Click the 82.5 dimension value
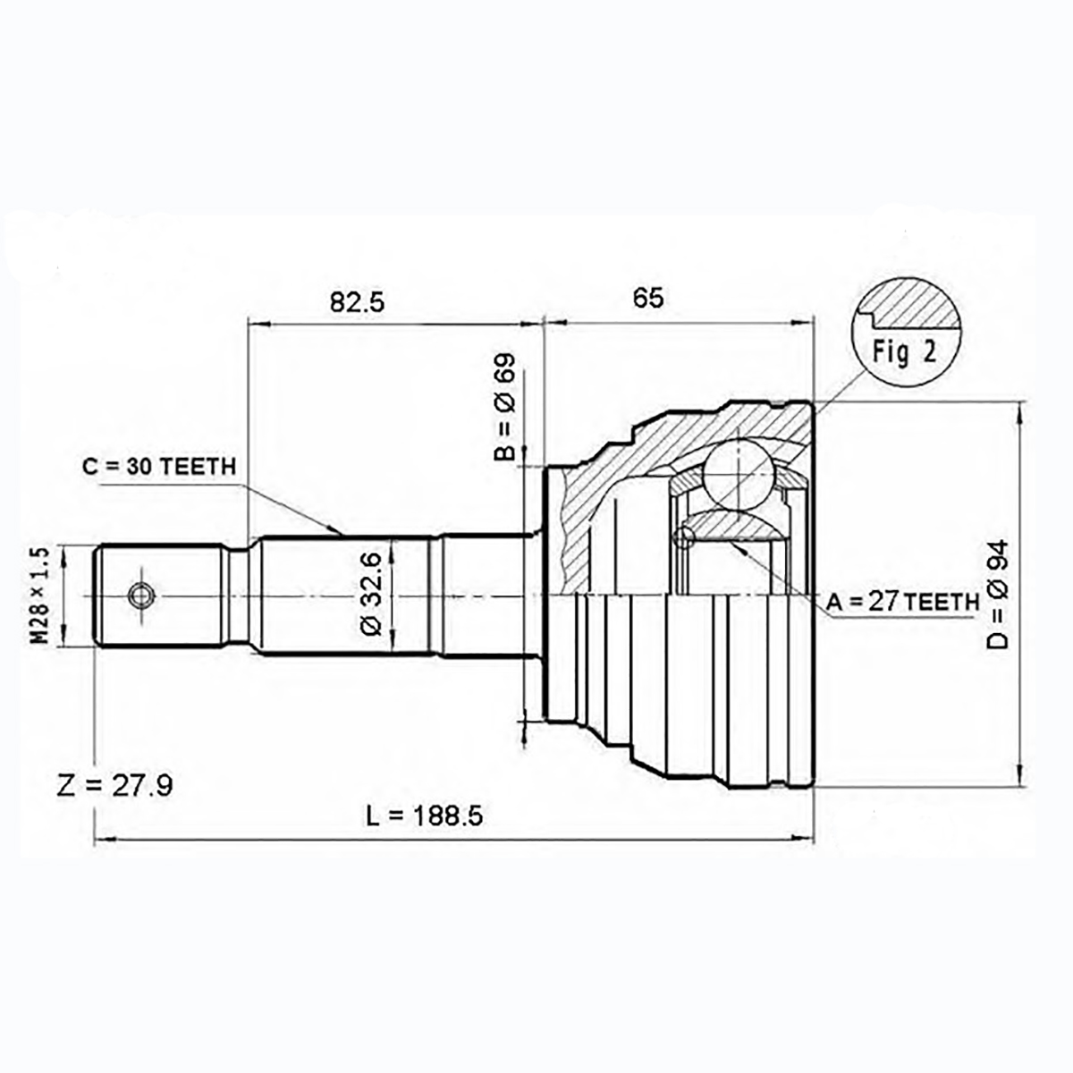357,302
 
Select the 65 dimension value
648,298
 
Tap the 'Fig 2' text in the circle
904,352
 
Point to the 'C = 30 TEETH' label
160,467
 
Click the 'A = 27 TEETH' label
902,602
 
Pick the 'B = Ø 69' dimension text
505,407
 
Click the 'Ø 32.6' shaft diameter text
371,594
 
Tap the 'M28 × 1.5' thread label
40,596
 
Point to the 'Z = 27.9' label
114,786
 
